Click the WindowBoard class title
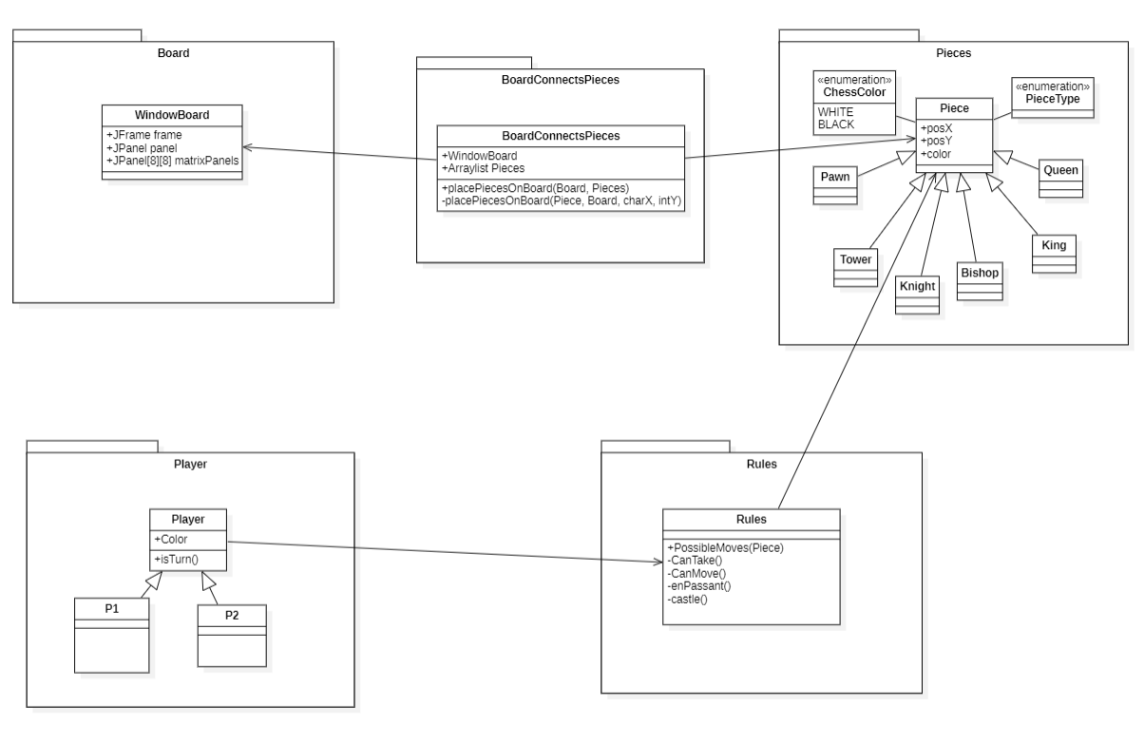point(171,115)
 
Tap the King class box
point(1055,254)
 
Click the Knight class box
point(917,294)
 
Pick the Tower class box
point(856,267)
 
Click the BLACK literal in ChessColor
point(836,124)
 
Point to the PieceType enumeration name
point(1052,99)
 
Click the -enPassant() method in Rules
point(699,585)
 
